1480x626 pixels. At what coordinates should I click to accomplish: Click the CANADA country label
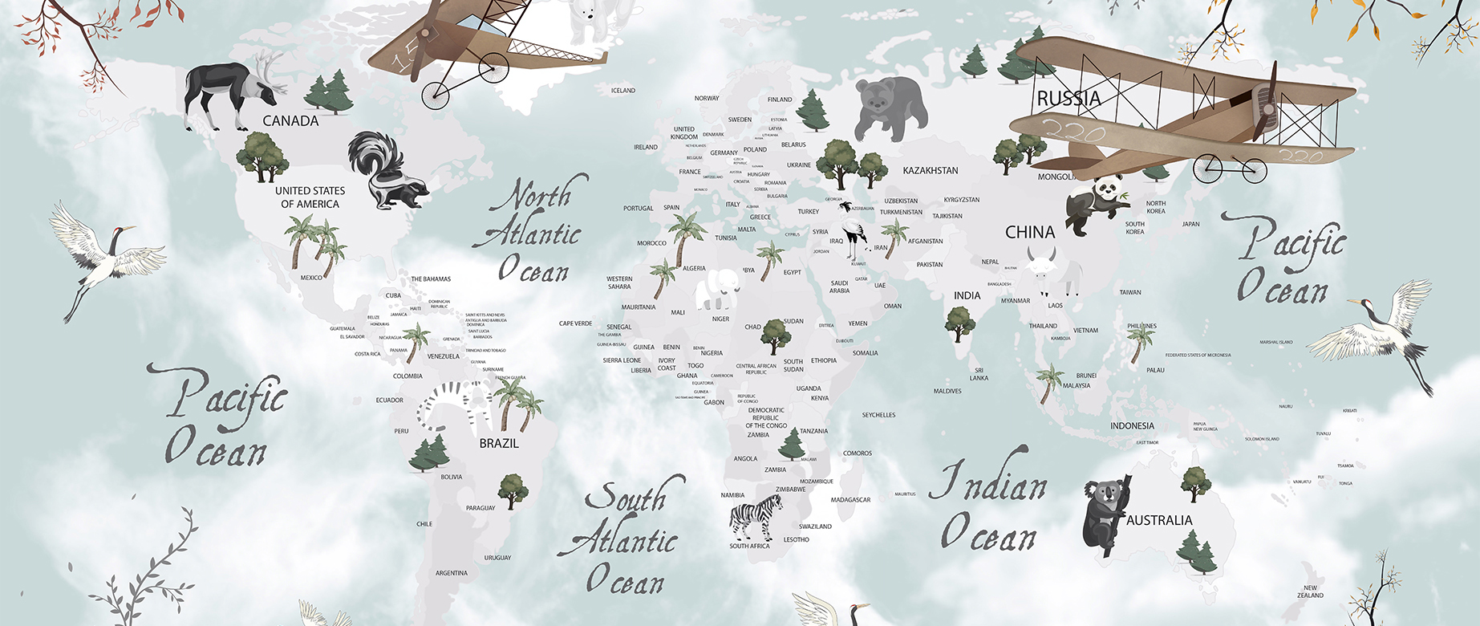(x=290, y=121)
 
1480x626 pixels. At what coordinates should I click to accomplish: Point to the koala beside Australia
(x=1105, y=514)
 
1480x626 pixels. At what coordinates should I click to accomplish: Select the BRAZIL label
(x=499, y=443)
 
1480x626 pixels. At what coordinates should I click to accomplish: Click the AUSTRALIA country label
(x=1159, y=520)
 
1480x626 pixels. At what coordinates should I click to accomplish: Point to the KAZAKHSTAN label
(x=930, y=171)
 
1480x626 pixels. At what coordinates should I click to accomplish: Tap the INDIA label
(x=967, y=295)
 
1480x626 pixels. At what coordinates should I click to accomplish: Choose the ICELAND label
(x=623, y=91)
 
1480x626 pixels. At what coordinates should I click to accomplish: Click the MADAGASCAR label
(x=850, y=500)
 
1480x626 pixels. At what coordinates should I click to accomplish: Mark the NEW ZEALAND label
(x=1310, y=591)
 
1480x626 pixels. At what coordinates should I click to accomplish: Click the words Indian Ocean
(x=989, y=506)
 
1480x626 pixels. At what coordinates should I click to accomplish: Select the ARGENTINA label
(x=452, y=573)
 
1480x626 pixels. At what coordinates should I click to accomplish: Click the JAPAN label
(x=1190, y=224)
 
